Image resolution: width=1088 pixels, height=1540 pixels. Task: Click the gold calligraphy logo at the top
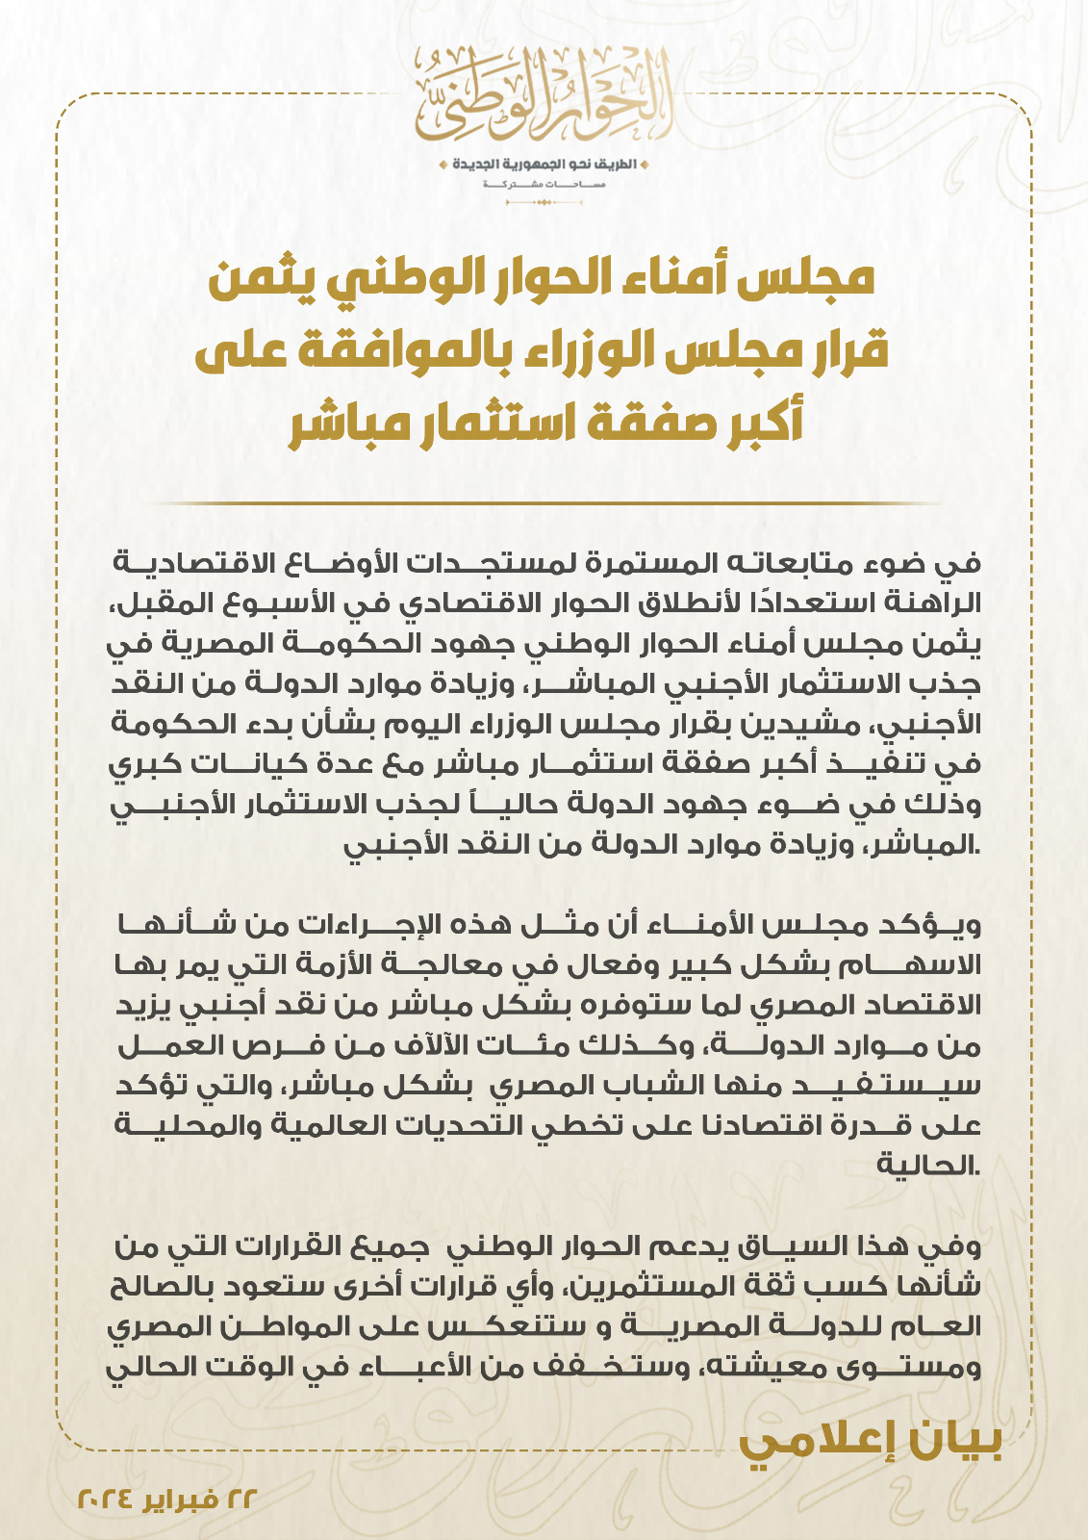(x=544, y=94)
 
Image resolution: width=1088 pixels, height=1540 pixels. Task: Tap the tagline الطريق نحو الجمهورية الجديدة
(x=544, y=164)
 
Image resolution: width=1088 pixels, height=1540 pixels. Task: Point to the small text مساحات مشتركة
(x=544, y=183)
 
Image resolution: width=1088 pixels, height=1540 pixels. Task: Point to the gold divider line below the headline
(x=544, y=503)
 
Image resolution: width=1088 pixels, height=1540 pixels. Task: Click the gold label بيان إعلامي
(x=871, y=1444)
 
